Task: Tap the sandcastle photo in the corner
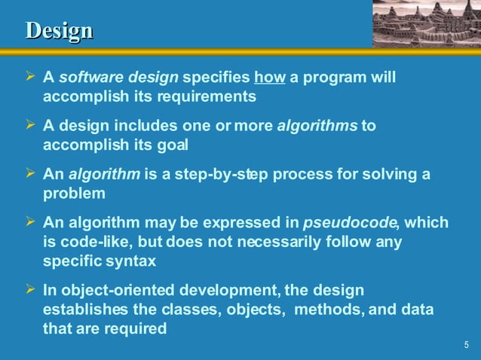coord(426,22)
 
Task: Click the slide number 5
coord(467,345)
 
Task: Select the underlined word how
coord(270,78)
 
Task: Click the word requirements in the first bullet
coord(210,96)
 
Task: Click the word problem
coord(74,193)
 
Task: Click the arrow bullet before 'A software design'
coord(30,78)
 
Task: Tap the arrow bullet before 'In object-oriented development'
coord(30,290)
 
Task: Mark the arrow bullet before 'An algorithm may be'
coord(30,223)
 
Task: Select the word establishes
coord(85,309)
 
